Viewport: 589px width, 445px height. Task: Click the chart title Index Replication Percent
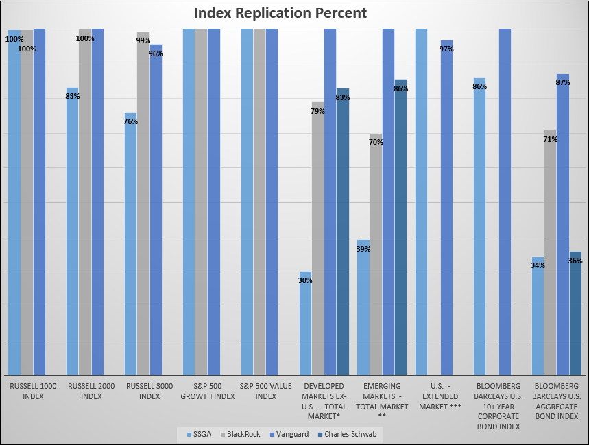tap(280, 13)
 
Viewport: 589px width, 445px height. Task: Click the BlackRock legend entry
tap(241, 434)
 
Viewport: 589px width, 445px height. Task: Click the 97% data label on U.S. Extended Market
tap(446, 49)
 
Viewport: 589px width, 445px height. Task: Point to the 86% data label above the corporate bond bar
tap(479, 86)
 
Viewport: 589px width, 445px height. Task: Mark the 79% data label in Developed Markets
tap(317, 111)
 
